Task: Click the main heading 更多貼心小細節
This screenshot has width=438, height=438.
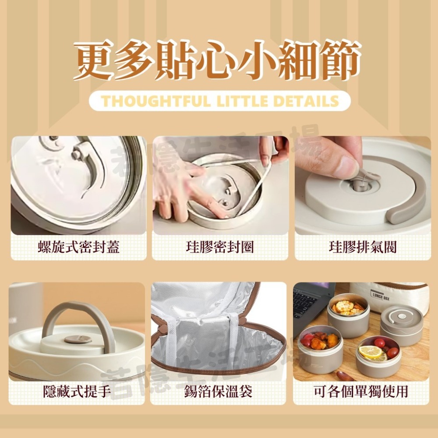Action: coord(218,60)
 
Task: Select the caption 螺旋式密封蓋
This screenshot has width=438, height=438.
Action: coord(78,247)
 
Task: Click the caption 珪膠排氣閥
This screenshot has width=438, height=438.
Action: coord(362,247)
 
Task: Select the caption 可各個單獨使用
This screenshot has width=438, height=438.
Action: coord(361,391)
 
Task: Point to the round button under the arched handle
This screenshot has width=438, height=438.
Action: coord(78,339)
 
